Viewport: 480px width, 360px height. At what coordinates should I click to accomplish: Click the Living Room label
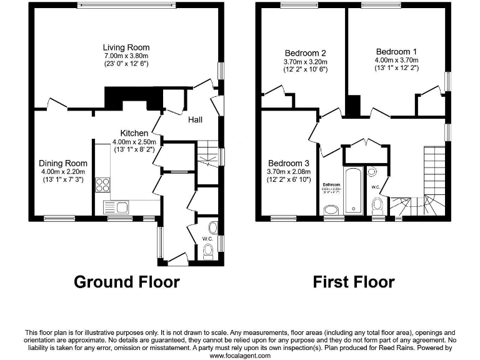click(126, 47)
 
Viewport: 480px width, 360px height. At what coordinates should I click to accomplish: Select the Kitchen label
click(134, 133)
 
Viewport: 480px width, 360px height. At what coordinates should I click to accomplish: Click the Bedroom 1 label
click(396, 52)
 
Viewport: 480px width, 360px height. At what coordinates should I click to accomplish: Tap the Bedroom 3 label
click(288, 164)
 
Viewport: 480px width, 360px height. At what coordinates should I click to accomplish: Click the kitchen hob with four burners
click(102, 185)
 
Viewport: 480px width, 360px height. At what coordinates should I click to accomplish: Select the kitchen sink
click(116, 207)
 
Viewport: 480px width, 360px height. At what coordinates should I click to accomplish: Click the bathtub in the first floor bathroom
click(353, 191)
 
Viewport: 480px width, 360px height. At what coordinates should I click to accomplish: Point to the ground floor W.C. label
click(207, 238)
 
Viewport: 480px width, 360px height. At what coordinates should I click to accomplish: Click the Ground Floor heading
click(127, 282)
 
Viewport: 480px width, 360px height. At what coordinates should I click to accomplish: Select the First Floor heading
click(354, 282)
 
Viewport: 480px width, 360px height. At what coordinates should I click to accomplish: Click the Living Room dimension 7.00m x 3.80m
click(126, 56)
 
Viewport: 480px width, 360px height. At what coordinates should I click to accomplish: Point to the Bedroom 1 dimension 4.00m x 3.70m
click(396, 61)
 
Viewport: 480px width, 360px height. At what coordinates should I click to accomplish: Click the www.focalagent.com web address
click(240, 355)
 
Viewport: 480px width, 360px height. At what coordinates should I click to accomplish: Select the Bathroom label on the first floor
click(331, 185)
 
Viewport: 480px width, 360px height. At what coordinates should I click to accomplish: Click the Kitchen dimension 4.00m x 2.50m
click(134, 142)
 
